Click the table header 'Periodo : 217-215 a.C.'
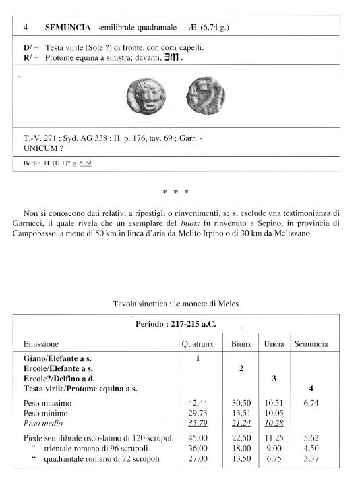[x=179, y=323]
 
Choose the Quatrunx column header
[x=198, y=343]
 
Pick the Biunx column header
[x=241, y=343]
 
